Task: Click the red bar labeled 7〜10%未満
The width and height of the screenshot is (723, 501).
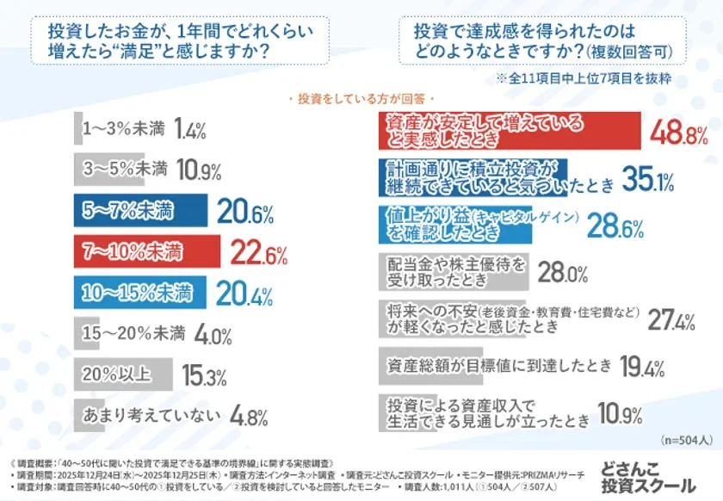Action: click(x=146, y=253)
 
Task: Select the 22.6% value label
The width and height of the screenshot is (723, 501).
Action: click(x=259, y=254)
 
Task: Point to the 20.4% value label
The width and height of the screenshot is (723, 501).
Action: click(x=233, y=294)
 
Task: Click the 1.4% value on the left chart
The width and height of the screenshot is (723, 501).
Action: click(x=189, y=131)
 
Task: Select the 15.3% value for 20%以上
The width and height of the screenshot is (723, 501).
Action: click(x=204, y=376)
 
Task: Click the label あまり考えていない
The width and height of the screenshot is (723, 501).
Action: click(x=147, y=416)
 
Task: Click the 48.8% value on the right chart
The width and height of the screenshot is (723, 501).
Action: click(x=678, y=133)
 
